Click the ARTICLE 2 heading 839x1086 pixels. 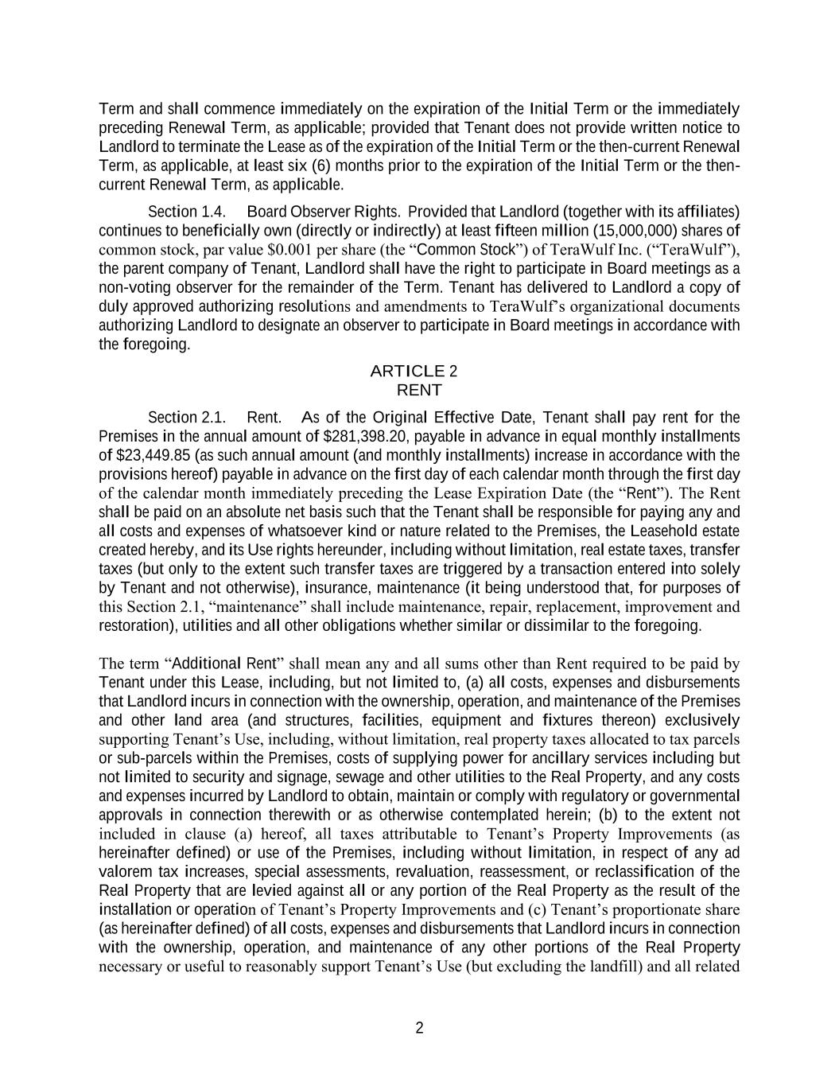[x=414, y=372]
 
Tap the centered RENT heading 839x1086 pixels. [x=418, y=391]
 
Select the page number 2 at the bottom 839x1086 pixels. [x=419, y=1028]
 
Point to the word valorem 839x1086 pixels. [x=123, y=872]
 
